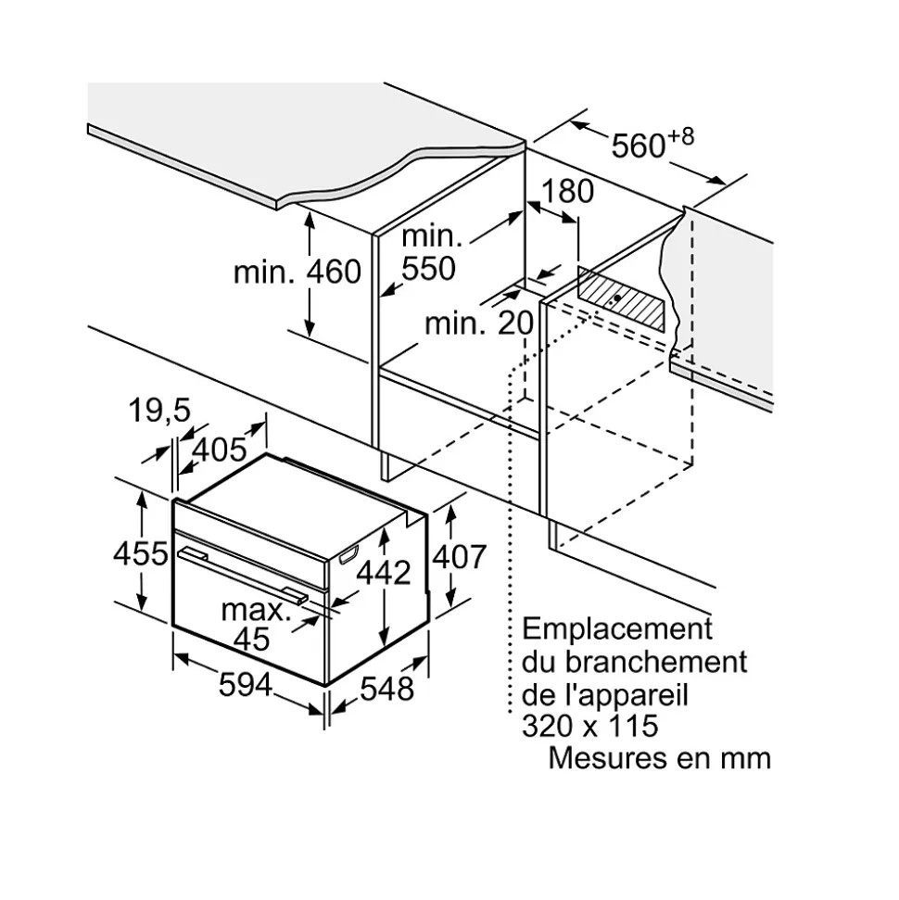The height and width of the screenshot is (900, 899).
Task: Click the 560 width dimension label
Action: coord(639,146)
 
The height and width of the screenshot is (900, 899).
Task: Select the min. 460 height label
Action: coord(297,273)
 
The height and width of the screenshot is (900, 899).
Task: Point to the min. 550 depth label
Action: coord(429,252)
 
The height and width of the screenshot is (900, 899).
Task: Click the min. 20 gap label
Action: coord(479,323)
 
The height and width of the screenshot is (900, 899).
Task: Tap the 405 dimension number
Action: coord(221,450)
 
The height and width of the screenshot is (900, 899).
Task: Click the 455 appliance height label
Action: coord(140,553)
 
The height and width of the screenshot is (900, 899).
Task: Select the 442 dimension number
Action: coord(383,573)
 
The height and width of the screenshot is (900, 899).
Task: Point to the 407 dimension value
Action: coord(460,556)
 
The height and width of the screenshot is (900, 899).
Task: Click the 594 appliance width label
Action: coord(246,685)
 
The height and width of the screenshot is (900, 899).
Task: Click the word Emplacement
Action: coord(617,628)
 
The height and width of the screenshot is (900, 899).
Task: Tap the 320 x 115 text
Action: coord(589,724)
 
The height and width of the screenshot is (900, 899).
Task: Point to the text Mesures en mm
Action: coord(659,757)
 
